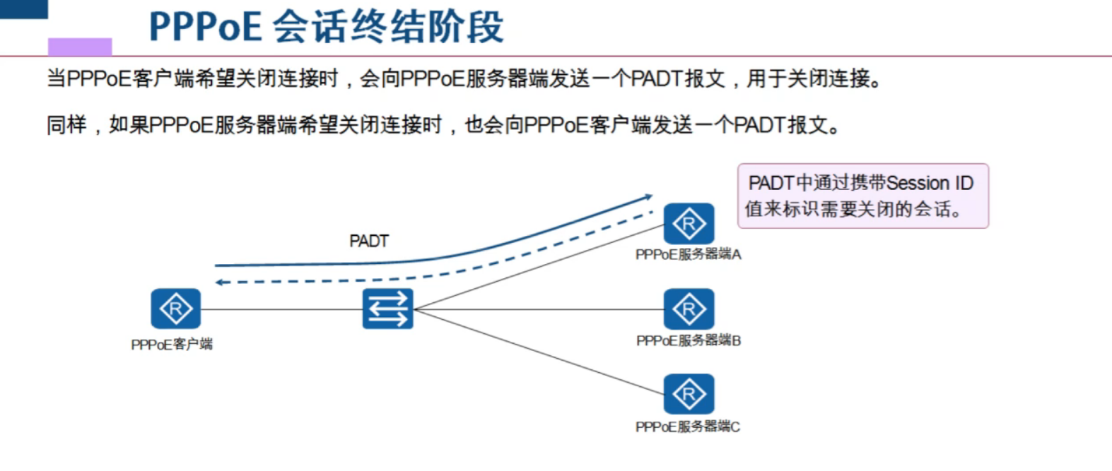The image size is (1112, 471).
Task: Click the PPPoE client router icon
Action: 175,309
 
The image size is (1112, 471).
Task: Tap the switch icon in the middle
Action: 387,309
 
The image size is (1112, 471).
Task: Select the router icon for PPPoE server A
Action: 689,223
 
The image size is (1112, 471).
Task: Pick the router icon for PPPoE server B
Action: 689,309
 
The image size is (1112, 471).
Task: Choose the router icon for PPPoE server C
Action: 689,394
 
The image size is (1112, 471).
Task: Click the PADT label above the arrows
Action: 369,242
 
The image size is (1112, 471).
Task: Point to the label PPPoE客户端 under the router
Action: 172,345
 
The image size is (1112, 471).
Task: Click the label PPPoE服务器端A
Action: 688,254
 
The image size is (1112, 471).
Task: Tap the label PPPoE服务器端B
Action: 688,340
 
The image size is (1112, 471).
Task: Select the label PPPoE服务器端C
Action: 687,427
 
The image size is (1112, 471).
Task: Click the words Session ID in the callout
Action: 930,184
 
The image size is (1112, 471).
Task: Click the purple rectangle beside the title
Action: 80,47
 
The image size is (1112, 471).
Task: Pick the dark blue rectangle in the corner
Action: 23,8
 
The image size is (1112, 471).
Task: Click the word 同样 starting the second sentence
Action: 66,125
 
